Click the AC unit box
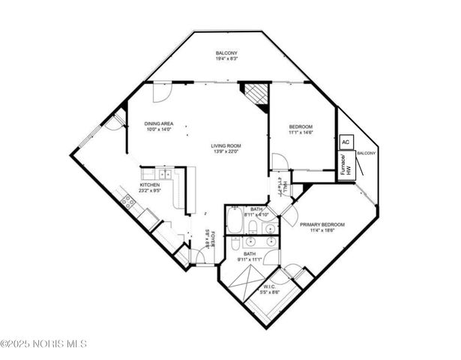tap(346, 142)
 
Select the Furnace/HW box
tap(346, 164)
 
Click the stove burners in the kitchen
tap(129, 200)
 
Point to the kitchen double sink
tap(166, 175)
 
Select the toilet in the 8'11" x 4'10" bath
tap(253, 227)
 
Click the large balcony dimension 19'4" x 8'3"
tap(226, 59)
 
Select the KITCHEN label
tap(151, 184)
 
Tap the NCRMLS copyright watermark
tap(43, 343)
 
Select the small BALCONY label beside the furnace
tap(367, 153)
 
